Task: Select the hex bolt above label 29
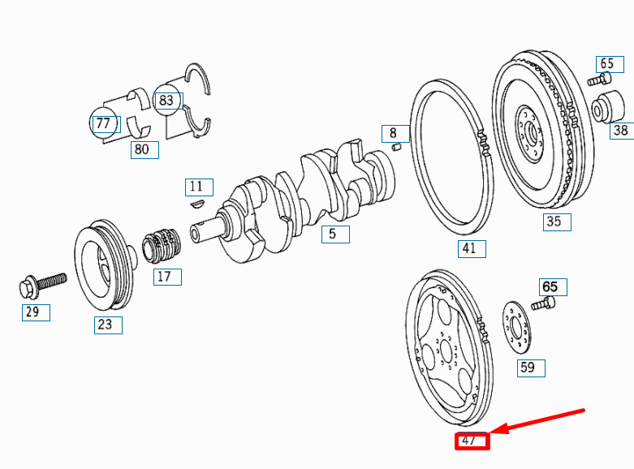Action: coord(40,284)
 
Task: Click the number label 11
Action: coord(197,187)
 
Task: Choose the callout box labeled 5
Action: coord(334,234)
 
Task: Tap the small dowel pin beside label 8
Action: coord(398,147)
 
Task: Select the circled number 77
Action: coord(103,123)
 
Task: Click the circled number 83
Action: coord(166,101)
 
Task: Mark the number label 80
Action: coord(143,149)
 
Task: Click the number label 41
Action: coord(469,248)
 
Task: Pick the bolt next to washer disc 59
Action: coord(543,304)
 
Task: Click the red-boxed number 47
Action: coord(472,441)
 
